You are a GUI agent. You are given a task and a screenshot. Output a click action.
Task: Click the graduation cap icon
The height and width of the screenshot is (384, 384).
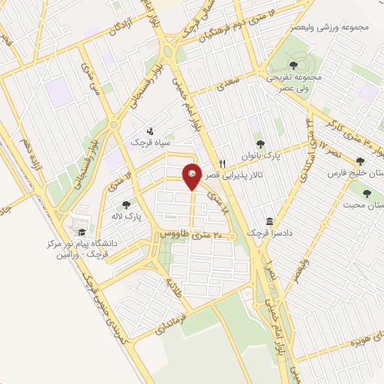[81, 231]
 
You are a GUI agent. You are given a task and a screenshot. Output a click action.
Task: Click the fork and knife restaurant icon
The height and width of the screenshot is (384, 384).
[222, 163]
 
